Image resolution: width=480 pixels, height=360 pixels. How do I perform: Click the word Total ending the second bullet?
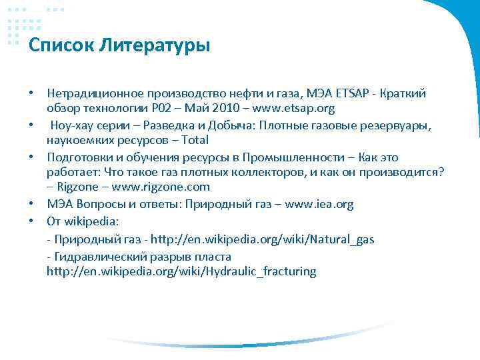193,140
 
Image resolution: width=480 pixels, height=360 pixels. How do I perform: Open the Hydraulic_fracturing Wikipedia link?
181,271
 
